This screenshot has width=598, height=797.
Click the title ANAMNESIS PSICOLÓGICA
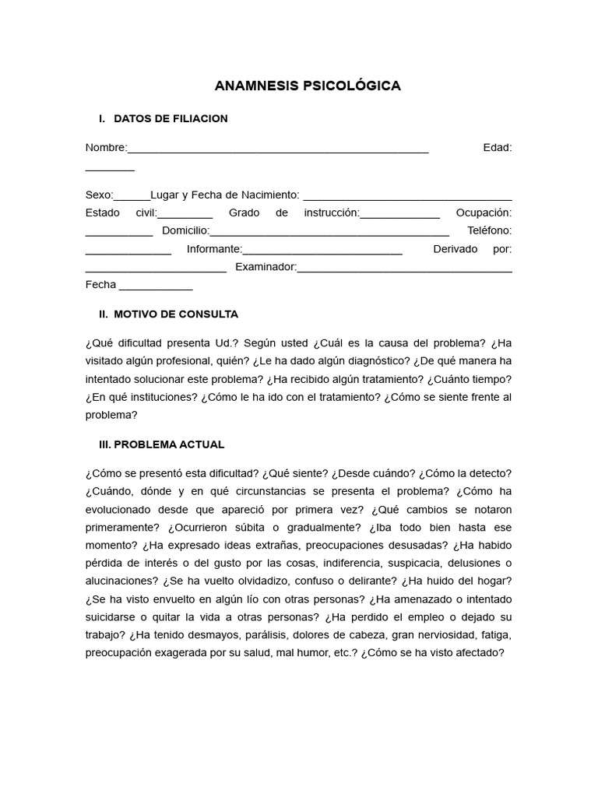308,86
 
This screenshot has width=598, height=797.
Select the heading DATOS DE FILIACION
171,118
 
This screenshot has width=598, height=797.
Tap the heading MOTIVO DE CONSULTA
176,314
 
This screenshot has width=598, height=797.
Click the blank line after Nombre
277,149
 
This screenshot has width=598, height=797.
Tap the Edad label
497,148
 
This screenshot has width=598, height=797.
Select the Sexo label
99,195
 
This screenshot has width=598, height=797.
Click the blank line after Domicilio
329,232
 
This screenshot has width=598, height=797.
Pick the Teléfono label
489,230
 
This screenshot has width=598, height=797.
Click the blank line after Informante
322,251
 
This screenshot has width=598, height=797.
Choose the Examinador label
266,267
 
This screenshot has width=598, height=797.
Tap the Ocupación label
484,212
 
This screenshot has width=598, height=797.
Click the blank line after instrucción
399,215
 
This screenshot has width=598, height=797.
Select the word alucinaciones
121,581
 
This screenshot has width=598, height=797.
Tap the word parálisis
279,634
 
